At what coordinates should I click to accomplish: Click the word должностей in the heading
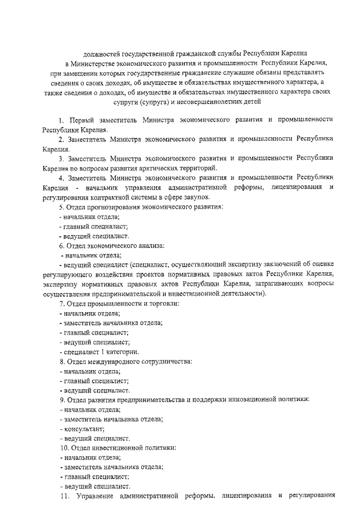click(102, 54)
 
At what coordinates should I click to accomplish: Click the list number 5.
click(61, 206)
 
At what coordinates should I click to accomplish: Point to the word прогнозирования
click(115, 206)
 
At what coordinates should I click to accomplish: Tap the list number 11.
click(64, 496)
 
